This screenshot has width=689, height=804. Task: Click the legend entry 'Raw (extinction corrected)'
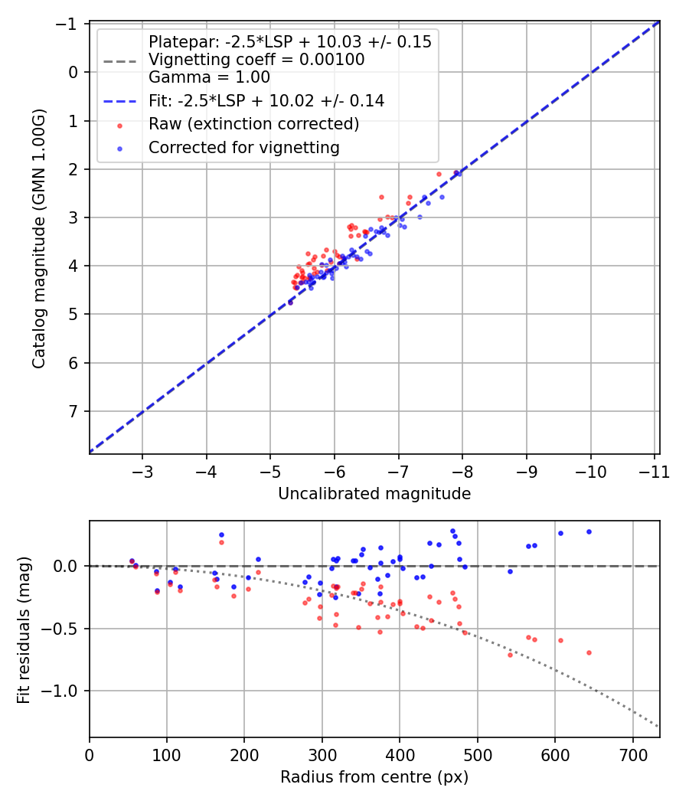pos(253,124)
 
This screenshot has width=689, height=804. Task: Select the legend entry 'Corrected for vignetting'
pos(243,148)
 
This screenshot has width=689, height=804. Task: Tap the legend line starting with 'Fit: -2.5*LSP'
pos(266,100)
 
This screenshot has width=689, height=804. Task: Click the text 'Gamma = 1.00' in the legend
pos(209,77)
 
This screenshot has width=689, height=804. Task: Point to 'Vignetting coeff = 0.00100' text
pos(256,59)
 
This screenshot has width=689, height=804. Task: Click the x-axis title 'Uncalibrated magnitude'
pos(374,494)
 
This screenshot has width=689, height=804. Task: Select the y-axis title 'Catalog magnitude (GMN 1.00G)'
pos(39,237)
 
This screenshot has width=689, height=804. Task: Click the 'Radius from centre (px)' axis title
pos(374,777)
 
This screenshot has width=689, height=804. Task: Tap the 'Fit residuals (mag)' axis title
pos(24,629)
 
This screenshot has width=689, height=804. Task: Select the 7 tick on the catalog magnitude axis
pos(74,411)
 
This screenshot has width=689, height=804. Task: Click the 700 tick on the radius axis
pos(633,753)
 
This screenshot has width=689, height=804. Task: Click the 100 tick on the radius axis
pos(167,753)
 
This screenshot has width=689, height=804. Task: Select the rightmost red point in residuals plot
pos(589,652)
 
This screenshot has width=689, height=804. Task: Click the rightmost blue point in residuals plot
pos(589,531)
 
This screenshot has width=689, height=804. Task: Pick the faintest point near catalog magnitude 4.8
pos(290,302)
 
